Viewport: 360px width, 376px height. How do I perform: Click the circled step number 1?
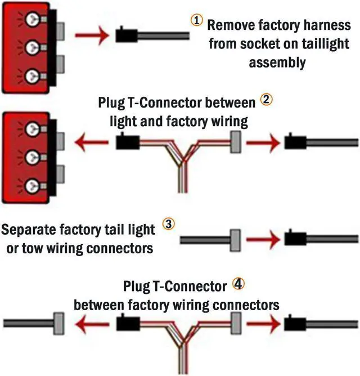(196, 20)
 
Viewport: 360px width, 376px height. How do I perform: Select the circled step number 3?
(169, 223)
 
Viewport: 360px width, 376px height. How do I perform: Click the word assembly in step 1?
(278, 62)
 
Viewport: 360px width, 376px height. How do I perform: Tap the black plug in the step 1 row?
(125, 37)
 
